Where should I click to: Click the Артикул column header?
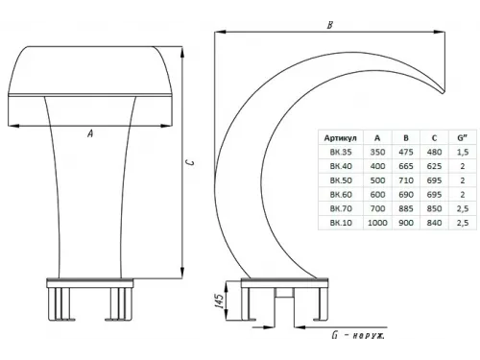(x=340, y=138)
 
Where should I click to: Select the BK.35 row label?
(x=341, y=152)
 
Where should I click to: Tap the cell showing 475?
(x=406, y=152)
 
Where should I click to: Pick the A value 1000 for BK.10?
(x=377, y=223)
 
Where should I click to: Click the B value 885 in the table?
(x=406, y=208)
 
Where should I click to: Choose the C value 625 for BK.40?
(x=434, y=166)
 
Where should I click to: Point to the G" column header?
(x=462, y=138)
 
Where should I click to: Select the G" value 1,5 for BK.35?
(x=463, y=152)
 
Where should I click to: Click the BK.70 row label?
(x=341, y=208)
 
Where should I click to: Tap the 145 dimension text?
(x=219, y=300)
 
